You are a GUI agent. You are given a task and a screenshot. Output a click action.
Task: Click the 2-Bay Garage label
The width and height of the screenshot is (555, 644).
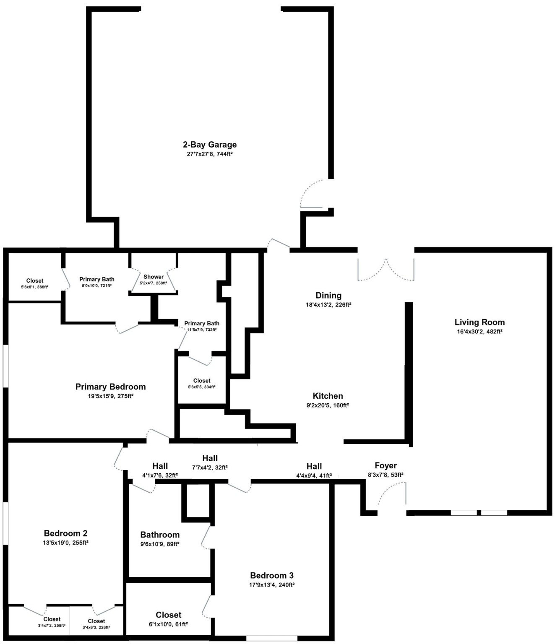pyautogui.click(x=209, y=145)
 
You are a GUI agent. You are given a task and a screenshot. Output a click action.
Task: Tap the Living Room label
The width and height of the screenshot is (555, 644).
pyautogui.click(x=479, y=322)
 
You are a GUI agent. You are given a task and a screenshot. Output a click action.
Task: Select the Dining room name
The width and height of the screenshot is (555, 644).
pyautogui.click(x=328, y=295)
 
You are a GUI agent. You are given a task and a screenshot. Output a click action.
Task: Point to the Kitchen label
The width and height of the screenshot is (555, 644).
pyautogui.click(x=328, y=396)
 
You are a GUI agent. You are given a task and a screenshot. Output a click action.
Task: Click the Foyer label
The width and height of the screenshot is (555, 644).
pyautogui.click(x=386, y=465)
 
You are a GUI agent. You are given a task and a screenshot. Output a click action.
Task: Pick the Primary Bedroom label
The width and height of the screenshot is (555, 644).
pyautogui.click(x=110, y=387)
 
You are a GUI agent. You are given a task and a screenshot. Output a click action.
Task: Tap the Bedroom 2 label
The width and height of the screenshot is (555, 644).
pyautogui.click(x=65, y=533)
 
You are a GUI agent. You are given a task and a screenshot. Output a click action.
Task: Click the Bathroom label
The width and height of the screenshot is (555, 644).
pyautogui.click(x=160, y=535)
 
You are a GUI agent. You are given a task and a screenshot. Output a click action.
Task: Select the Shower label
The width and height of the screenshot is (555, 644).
pyautogui.click(x=154, y=277)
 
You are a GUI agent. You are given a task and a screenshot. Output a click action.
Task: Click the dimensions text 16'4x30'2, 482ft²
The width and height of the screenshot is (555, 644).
pyautogui.click(x=479, y=332)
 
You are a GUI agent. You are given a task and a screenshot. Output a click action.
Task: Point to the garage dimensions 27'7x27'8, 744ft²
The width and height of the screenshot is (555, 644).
pyautogui.click(x=209, y=154)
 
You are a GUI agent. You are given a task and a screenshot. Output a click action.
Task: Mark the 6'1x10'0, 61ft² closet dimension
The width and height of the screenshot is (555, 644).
pyautogui.click(x=169, y=624)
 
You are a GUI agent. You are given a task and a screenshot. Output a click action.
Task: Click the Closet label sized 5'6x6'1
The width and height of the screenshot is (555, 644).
pyautogui.click(x=35, y=281)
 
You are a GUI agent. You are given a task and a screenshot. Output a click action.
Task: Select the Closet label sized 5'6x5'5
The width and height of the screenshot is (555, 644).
pyautogui.click(x=202, y=381)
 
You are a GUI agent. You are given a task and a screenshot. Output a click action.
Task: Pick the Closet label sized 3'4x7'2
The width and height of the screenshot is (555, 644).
pyautogui.click(x=52, y=619)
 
